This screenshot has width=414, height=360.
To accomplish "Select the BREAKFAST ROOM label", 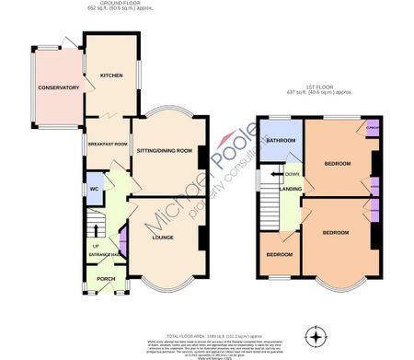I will point(106,145).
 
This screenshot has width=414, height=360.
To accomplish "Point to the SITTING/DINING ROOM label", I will point(164,150).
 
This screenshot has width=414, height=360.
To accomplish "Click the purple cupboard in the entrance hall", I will point(122,247).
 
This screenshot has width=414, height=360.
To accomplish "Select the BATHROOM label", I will point(281,140).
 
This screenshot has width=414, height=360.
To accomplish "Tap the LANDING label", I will point(291,190).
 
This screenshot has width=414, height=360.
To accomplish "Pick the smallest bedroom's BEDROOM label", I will point(279,254).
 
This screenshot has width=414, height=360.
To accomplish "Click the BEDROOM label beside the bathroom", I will point(337,164).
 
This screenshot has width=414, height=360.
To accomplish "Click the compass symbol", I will point(319,332).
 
